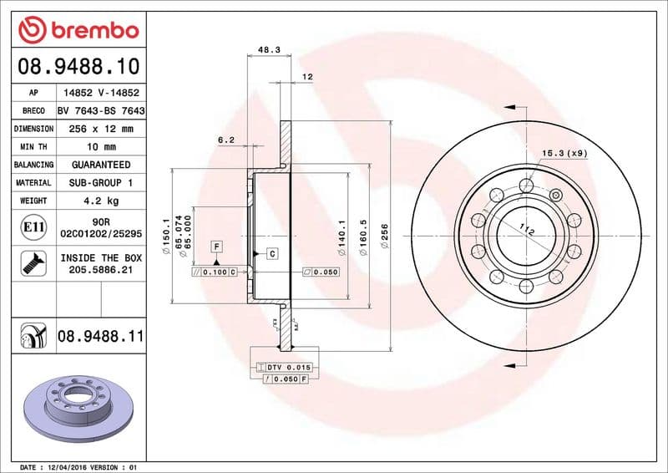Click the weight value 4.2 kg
click(x=100, y=201)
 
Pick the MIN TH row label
click(x=33, y=147)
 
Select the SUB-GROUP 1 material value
click(x=100, y=182)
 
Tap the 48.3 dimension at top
click(x=268, y=50)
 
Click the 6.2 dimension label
click(x=225, y=140)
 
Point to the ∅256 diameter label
click(x=386, y=237)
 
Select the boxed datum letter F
click(x=216, y=247)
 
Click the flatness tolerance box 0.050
click(x=320, y=272)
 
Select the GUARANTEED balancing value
click(x=100, y=165)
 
